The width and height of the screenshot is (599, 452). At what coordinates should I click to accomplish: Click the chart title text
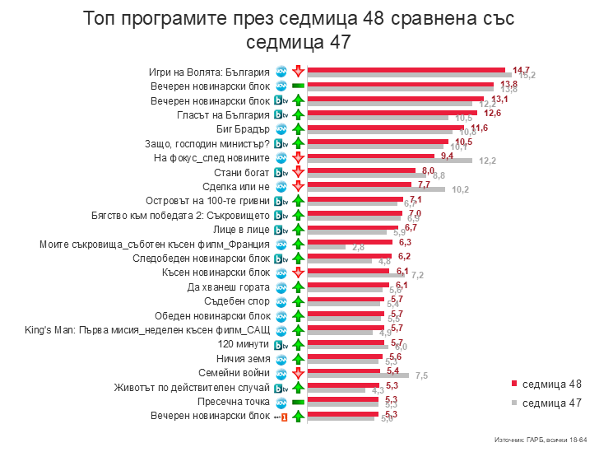pyautogui.click(x=299, y=30)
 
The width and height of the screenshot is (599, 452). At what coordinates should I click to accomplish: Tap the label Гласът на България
pyautogui.click(x=223, y=114)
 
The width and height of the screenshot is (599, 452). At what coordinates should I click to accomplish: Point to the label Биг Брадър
pyautogui.click(x=243, y=129)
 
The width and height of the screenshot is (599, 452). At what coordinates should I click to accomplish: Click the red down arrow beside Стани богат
pyautogui.click(x=297, y=172)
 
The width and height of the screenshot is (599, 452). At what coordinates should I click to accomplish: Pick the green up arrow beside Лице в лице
pyautogui.click(x=297, y=230)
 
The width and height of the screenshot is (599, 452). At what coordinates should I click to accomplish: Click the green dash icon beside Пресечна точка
pyautogui.click(x=298, y=402)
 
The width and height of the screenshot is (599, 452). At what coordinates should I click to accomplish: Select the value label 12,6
pyautogui.click(x=480, y=113)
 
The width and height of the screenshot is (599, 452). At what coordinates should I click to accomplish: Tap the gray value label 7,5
pyautogui.click(x=421, y=376)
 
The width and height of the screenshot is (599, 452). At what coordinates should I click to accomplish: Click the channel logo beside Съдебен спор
pyautogui.click(x=281, y=301)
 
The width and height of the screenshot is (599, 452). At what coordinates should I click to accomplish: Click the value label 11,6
pyautogui.click(x=480, y=128)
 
